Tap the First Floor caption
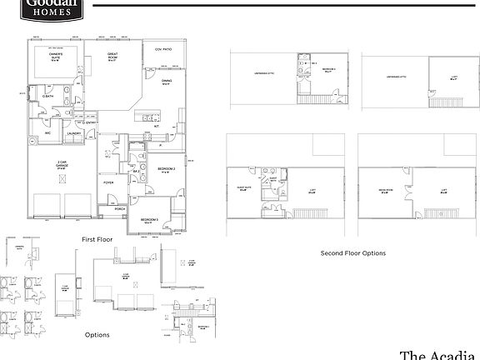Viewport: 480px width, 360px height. (98, 239)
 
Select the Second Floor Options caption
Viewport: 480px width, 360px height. (353, 252)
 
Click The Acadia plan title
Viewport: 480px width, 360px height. (440, 354)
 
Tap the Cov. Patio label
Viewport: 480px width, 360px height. (163, 49)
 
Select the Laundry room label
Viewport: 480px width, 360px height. (73, 132)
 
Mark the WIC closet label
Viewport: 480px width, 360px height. (47, 132)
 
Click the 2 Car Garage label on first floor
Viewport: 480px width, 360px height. (62, 165)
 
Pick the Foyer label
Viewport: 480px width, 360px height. (108, 182)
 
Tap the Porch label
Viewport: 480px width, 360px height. (120, 209)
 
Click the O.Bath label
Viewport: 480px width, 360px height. (47, 97)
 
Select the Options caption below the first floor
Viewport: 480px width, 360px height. (98, 335)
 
